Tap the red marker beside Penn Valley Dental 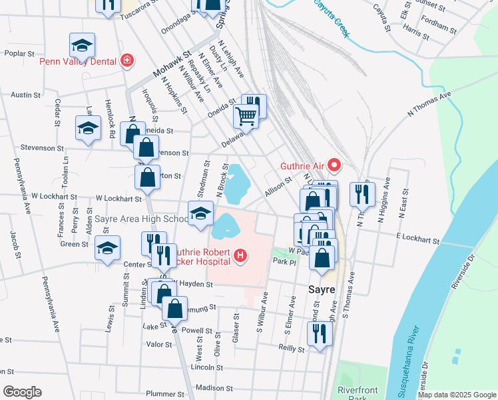click(126, 61)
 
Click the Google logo click(23, 391)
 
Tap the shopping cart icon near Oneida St click(246, 117)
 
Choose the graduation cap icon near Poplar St click(82, 45)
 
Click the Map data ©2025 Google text click(457, 395)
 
